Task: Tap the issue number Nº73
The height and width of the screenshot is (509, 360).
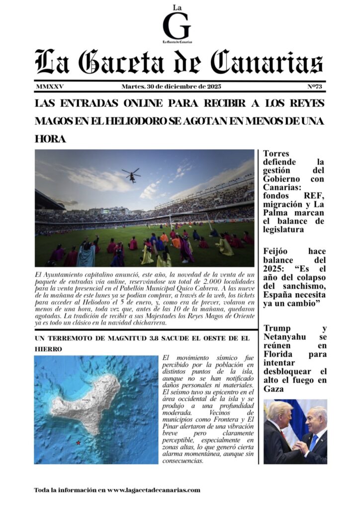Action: click(x=315, y=86)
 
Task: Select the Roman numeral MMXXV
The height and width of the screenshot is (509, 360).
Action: click(x=50, y=86)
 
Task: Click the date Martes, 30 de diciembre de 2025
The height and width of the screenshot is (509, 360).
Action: click(x=171, y=86)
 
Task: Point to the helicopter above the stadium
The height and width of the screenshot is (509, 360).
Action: click(x=131, y=175)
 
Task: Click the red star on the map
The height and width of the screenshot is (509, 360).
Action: click(x=78, y=442)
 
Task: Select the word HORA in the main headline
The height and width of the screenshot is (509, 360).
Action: click(x=50, y=139)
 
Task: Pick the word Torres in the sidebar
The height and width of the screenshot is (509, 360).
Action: click(x=276, y=154)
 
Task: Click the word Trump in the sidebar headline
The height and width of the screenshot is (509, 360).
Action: click(x=277, y=328)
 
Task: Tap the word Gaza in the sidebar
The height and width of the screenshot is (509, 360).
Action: click(x=273, y=389)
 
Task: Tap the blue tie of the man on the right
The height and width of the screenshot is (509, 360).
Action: click(x=314, y=442)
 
